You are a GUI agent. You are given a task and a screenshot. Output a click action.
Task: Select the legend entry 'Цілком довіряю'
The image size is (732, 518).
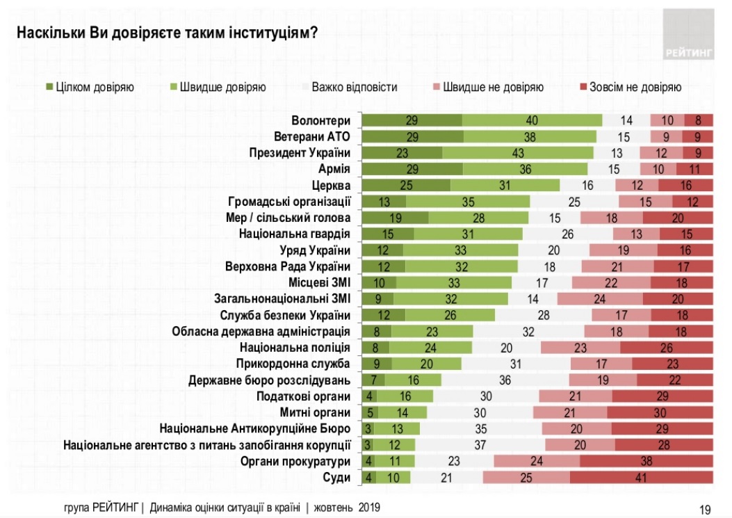pos(90,88)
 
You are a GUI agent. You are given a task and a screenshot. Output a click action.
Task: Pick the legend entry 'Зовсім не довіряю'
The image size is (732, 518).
pos(629,88)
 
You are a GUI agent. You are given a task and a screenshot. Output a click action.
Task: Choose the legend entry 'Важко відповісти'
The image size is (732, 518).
pos(348,88)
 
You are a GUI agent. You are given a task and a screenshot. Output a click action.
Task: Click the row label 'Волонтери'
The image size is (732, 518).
pos(321,120)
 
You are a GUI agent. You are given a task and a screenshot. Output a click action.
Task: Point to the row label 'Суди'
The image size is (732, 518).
pos(337,476)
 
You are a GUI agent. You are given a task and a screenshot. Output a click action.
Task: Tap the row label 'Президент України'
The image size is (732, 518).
pos(300,152)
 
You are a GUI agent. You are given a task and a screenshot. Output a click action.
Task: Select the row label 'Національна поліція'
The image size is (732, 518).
pos(295,347)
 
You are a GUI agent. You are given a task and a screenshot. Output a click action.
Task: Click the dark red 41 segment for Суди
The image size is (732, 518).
pos(641,477)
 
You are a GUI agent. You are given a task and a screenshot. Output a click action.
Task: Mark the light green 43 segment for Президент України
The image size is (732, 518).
pos(518,152)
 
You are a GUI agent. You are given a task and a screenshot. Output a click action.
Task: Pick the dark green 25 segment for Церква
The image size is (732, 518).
pos(407,185)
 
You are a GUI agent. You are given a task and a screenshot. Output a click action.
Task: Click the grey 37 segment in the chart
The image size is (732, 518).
pos(480,444)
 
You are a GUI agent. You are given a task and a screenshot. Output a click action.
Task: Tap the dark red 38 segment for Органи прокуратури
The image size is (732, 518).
pos(646,460)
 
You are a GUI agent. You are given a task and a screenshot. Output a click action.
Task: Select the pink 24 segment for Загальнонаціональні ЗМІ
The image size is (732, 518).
pos(599,298)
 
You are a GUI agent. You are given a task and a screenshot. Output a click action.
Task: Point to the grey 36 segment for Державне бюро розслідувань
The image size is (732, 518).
pos(505,380)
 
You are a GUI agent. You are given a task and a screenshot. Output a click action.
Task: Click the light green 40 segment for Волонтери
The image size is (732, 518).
pos(532,120)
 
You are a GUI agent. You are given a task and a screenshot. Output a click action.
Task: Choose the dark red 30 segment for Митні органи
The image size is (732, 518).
pos(660,412)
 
